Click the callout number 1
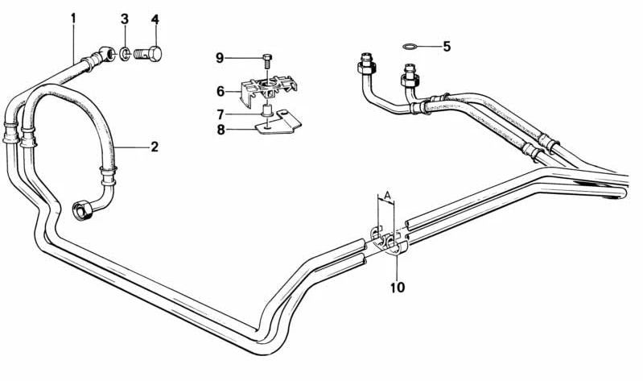point(73,19)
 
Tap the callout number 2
point(155,147)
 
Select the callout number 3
point(124,19)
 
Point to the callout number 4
point(155,19)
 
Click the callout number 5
point(447,47)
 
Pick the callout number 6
point(221,91)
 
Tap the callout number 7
point(221,114)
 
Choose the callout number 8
point(221,130)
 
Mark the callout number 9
point(220,58)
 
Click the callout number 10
point(398,288)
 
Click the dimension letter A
point(386,195)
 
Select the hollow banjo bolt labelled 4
point(147,54)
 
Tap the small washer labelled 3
point(125,53)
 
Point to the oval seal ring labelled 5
point(410,47)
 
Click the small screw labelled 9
point(267,60)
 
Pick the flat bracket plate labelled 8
point(279,122)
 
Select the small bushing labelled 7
point(267,111)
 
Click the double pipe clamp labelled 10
point(390,242)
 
